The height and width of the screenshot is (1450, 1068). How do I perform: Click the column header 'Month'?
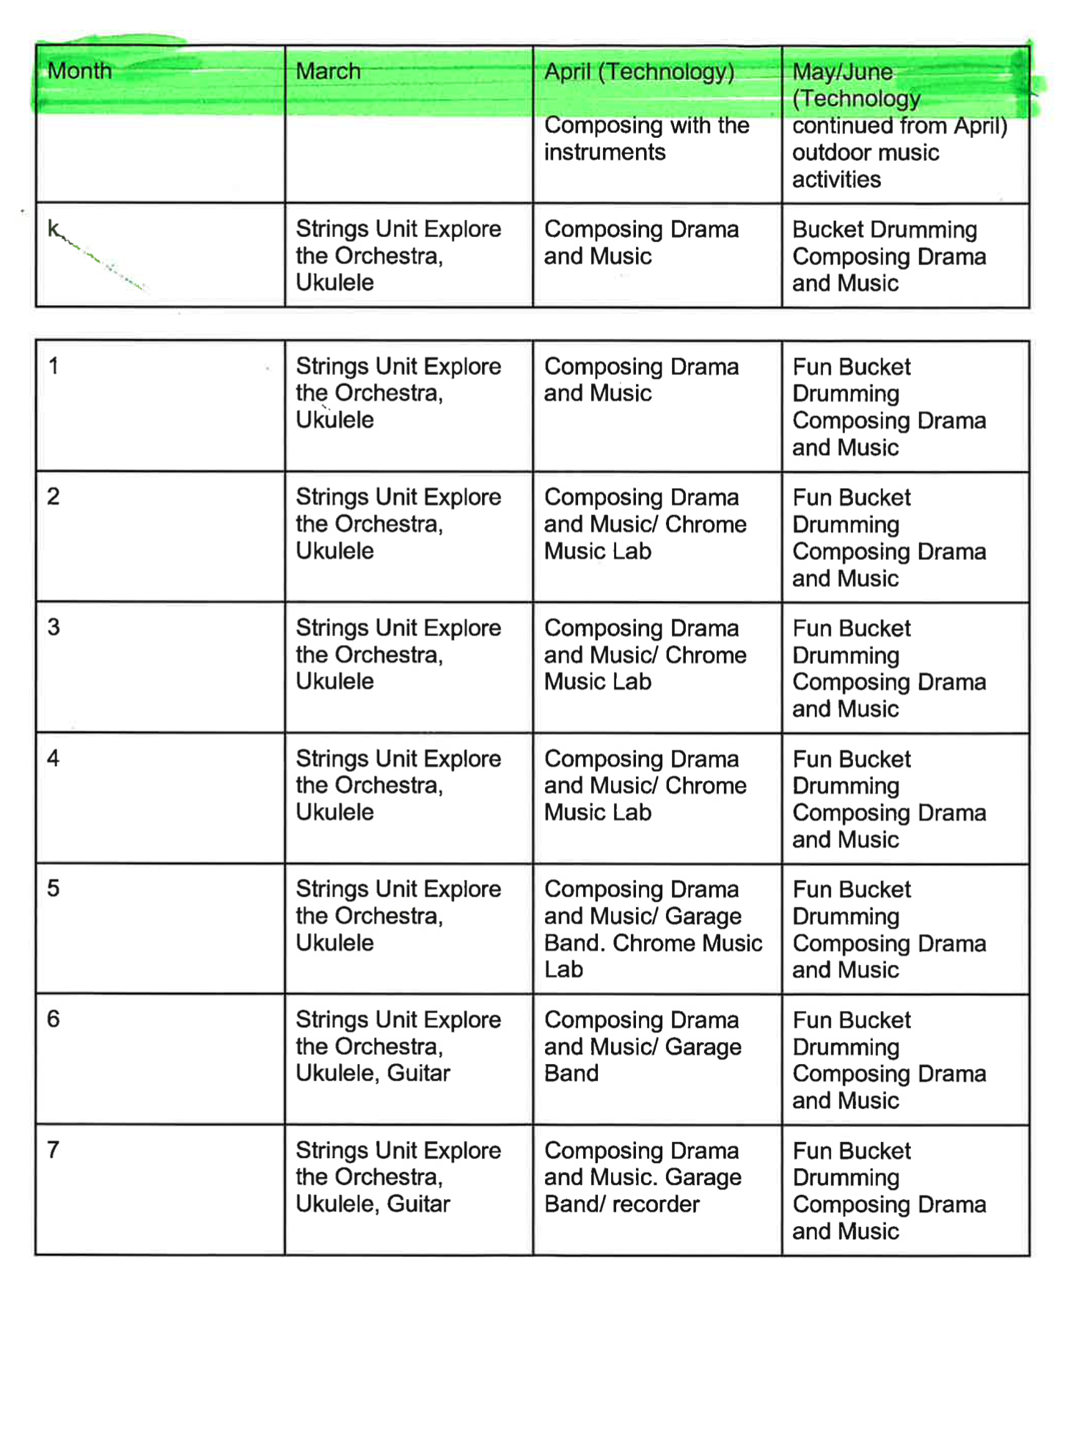click(79, 71)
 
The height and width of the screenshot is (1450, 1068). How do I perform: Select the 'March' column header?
click(328, 71)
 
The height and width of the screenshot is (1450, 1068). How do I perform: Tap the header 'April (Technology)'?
click(639, 72)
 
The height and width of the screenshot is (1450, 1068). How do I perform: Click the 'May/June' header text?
click(843, 72)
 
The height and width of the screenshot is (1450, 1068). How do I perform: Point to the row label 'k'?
click(54, 229)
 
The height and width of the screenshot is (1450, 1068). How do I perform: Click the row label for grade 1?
click(54, 365)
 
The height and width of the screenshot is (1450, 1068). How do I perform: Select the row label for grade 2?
click(54, 496)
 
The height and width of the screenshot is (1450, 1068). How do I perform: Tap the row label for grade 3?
click(54, 627)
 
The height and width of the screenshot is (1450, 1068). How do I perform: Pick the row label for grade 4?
click(54, 757)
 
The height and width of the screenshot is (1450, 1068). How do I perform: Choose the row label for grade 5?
click(54, 888)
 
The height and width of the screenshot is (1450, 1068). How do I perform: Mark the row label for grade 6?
click(54, 1019)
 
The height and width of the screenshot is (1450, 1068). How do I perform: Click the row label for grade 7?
click(54, 1149)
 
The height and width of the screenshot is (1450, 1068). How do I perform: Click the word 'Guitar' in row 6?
click(418, 1073)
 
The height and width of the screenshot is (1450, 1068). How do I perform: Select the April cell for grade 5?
click(653, 929)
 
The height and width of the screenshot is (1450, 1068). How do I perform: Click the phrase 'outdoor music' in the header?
click(866, 153)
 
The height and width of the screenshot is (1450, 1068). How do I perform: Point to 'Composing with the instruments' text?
click(645, 139)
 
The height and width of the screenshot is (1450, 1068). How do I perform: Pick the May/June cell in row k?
click(889, 256)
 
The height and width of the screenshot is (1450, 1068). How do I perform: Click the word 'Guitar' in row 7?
click(418, 1203)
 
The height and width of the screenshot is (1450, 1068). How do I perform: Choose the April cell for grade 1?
click(641, 379)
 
